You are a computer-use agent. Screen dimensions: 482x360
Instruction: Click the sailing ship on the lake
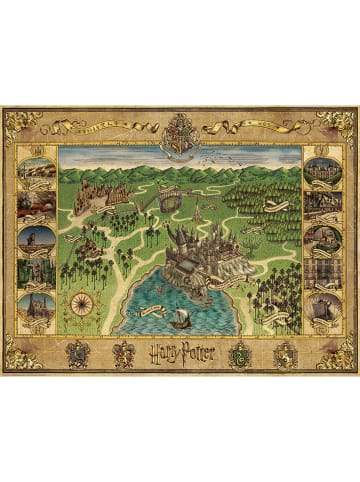180,318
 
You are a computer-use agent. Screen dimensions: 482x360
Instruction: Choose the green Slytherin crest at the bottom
240,351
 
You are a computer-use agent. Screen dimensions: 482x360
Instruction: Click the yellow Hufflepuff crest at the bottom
285,351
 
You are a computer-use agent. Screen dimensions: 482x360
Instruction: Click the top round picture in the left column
37,167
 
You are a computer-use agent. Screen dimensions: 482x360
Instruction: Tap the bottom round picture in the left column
37,307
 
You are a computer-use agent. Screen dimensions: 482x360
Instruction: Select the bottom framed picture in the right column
322,307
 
